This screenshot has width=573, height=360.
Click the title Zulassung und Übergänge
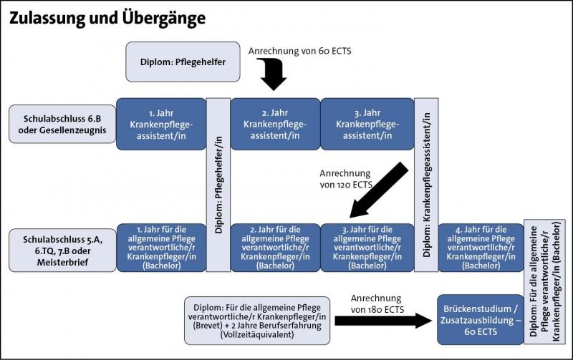tap(107, 18)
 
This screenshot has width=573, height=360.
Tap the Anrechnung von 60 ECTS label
tap(300, 51)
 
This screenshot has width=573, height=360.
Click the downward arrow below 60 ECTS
tap(273, 74)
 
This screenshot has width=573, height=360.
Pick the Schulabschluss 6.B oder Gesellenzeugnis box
tap(59, 124)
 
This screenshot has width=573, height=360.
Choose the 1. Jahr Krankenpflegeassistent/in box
tap(161, 124)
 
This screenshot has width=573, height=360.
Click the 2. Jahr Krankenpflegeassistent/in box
tap(275, 124)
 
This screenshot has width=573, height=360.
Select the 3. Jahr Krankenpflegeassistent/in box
tap(367, 124)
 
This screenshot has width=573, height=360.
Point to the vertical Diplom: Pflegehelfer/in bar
tap(218, 185)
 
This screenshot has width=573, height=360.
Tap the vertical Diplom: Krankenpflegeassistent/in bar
tap(426, 185)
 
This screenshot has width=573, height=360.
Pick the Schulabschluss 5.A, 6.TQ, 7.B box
tap(59, 247)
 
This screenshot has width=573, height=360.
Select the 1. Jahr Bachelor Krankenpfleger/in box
tap(161, 247)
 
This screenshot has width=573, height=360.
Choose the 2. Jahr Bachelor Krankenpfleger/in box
tap(275, 247)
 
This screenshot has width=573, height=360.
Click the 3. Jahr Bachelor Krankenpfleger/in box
tap(367, 247)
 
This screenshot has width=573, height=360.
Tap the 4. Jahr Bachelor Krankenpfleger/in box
tap(480, 247)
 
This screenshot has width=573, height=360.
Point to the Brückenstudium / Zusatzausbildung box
tap(481, 318)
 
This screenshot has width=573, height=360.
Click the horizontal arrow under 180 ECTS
tap(384, 319)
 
